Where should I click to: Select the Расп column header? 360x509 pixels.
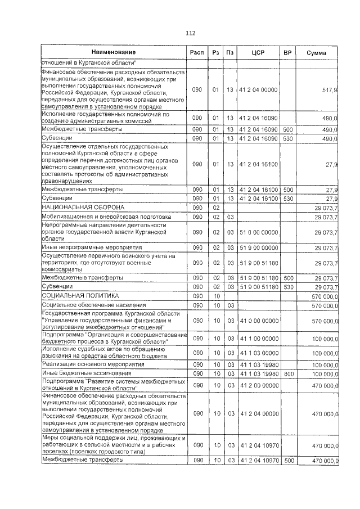(197, 52)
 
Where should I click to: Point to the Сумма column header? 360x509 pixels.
(317, 52)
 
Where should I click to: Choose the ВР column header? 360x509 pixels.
(287, 52)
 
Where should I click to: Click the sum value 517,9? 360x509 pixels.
(329, 89)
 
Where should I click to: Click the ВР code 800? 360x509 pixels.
(289, 373)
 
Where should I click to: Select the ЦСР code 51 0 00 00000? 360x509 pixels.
(258, 232)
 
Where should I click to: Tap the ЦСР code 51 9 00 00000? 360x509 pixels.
(258, 247)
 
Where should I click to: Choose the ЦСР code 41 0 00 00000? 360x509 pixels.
(258, 321)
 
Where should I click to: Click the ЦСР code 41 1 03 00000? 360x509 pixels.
(258, 353)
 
